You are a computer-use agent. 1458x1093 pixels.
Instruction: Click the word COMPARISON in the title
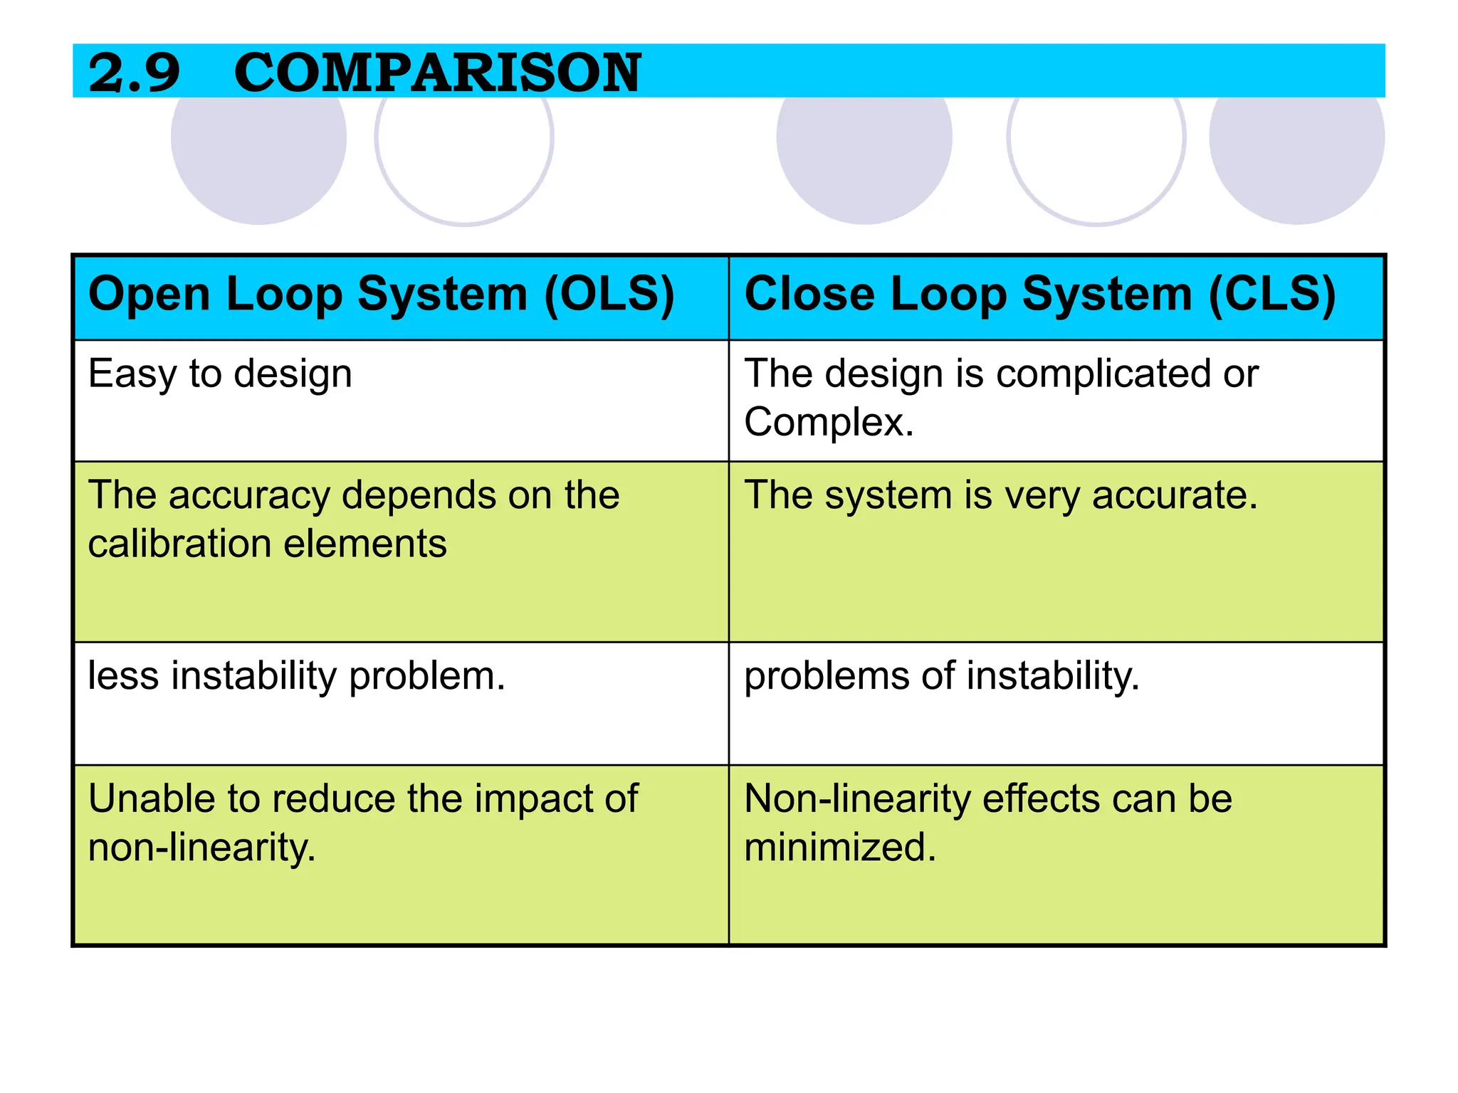(437, 73)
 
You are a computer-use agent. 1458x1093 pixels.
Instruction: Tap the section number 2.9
(134, 73)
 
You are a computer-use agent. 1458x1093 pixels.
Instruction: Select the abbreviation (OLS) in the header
(609, 295)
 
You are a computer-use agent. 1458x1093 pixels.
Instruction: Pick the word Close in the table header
(809, 295)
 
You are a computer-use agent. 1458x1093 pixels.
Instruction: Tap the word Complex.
(828, 422)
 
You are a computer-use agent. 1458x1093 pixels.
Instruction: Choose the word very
(1042, 495)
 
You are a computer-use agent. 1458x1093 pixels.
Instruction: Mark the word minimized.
(839, 847)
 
